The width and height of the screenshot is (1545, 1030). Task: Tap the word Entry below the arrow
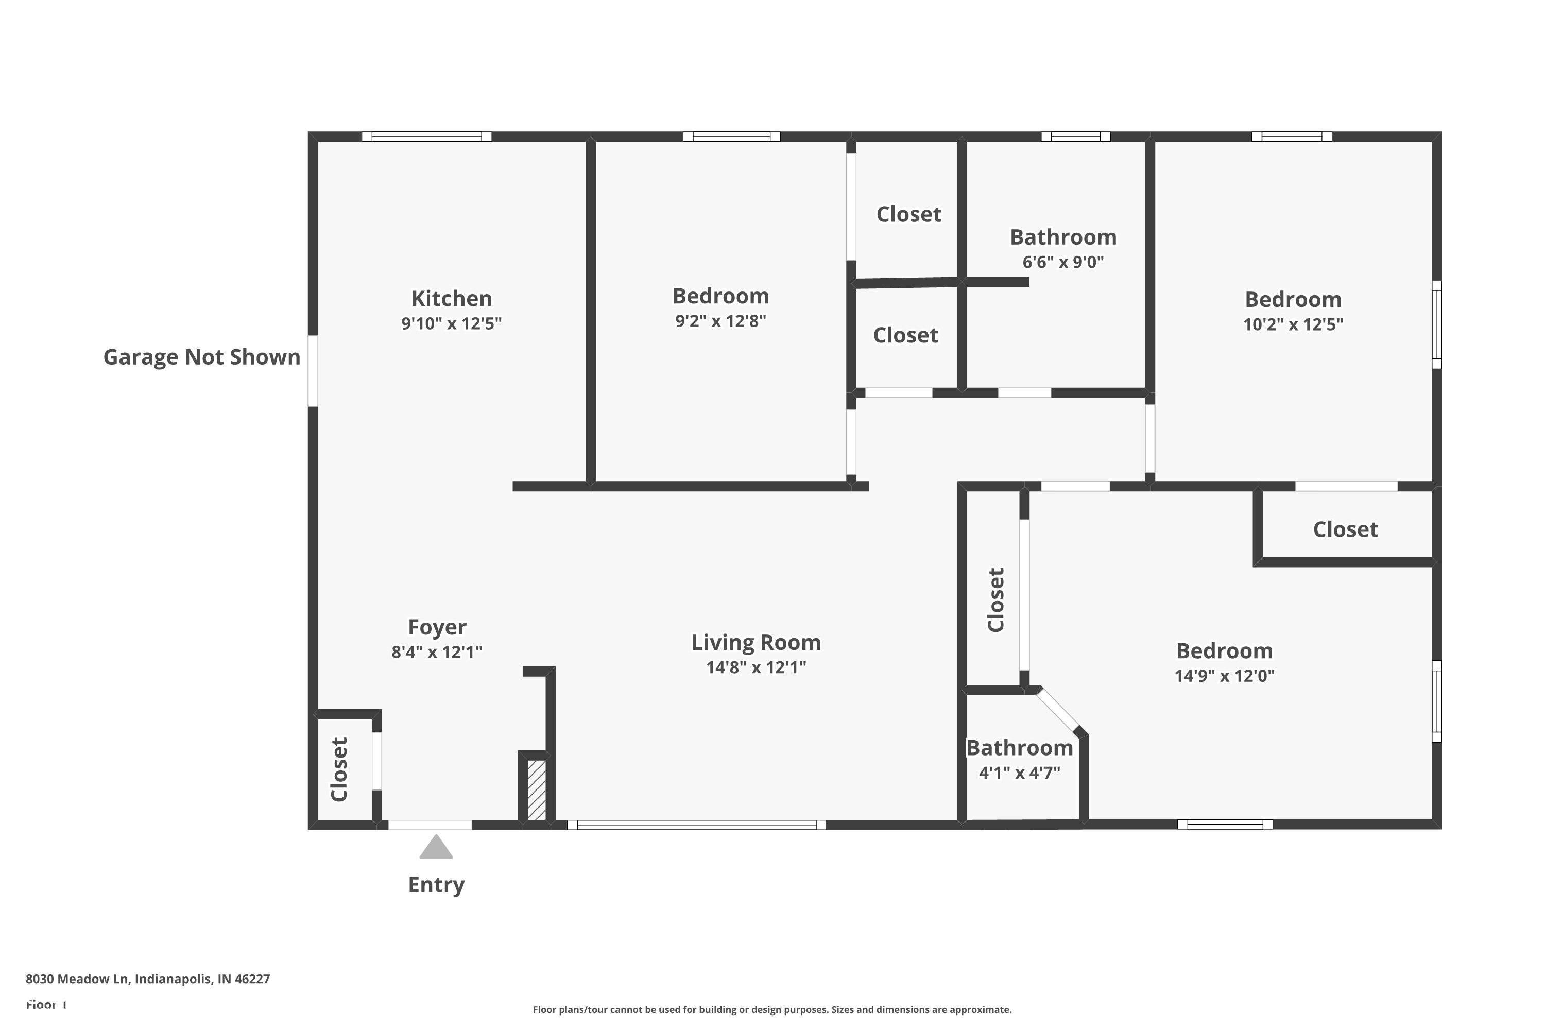pyautogui.click(x=436, y=885)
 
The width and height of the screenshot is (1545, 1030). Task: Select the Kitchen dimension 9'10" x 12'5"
pyautogui.click(x=451, y=323)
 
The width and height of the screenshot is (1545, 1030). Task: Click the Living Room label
pyautogui.click(x=756, y=642)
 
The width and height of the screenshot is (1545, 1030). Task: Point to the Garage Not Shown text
pyautogui.click(x=202, y=357)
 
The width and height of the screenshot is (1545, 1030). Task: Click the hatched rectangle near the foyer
pyautogui.click(x=536, y=789)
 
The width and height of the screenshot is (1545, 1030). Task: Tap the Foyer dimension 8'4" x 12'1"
pyautogui.click(x=437, y=651)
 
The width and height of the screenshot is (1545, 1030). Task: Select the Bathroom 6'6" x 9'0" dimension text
pyautogui.click(x=1063, y=262)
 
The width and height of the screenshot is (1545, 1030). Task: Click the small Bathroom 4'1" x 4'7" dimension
pyautogui.click(x=1020, y=772)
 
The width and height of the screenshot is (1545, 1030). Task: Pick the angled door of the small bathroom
pyautogui.click(x=1058, y=710)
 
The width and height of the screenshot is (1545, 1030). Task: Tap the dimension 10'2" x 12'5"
pyautogui.click(x=1293, y=324)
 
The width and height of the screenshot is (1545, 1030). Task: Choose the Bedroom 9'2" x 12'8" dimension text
pyautogui.click(x=720, y=320)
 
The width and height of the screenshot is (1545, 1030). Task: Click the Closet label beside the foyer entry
pyautogui.click(x=339, y=769)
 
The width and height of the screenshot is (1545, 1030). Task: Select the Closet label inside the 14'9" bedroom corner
pyautogui.click(x=1345, y=529)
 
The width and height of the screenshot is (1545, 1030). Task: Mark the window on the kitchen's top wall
pyautogui.click(x=426, y=136)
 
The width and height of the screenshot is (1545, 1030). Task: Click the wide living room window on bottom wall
pyautogui.click(x=696, y=825)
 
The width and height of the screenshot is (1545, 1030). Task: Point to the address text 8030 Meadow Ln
pyautogui.click(x=148, y=979)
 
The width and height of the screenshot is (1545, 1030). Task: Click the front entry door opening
pyautogui.click(x=430, y=825)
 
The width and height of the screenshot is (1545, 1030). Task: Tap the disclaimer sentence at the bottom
pyautogui.click(x=772, y=1009)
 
